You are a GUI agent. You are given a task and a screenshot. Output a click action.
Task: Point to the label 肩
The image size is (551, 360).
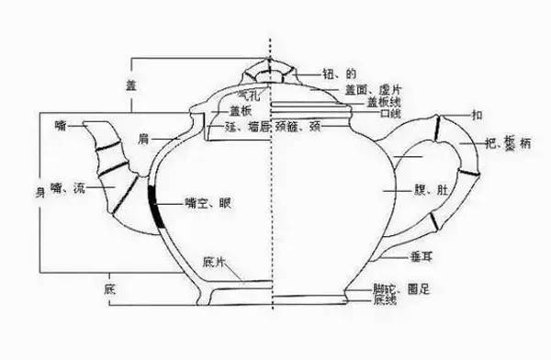point(144,140)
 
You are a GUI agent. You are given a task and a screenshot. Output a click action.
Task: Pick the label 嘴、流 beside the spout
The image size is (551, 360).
point(69,188)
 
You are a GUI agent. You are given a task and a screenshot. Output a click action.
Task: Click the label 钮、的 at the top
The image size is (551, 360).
point(334,73)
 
